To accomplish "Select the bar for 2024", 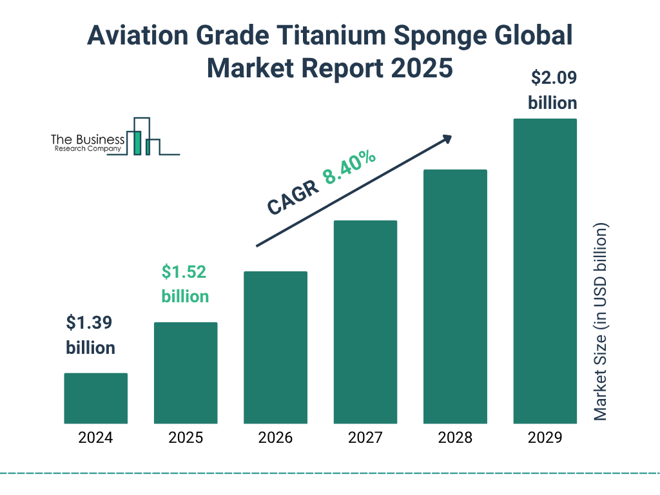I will tap(96, 398).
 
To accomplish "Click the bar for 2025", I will tap(186, 373).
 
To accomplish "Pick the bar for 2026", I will tap(275, 347).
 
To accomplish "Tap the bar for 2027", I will tap(365, 322).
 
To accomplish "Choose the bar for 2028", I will tap(455, 296).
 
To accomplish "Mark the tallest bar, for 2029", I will tap(545, 271).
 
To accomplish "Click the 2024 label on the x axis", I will tap(96, 438).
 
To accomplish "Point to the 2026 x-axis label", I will tap(275, 438).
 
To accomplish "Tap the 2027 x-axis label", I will tap(365, 438).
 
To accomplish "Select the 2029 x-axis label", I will tap(545, 438).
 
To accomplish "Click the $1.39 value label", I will tap(90, 322).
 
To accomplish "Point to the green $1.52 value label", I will tap(184, 272).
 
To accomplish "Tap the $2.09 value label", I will tap(553, 78).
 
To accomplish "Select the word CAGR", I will tap(292, 197).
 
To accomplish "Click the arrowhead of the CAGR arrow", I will tap(446, 139).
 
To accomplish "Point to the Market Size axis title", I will tap(601, 322).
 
